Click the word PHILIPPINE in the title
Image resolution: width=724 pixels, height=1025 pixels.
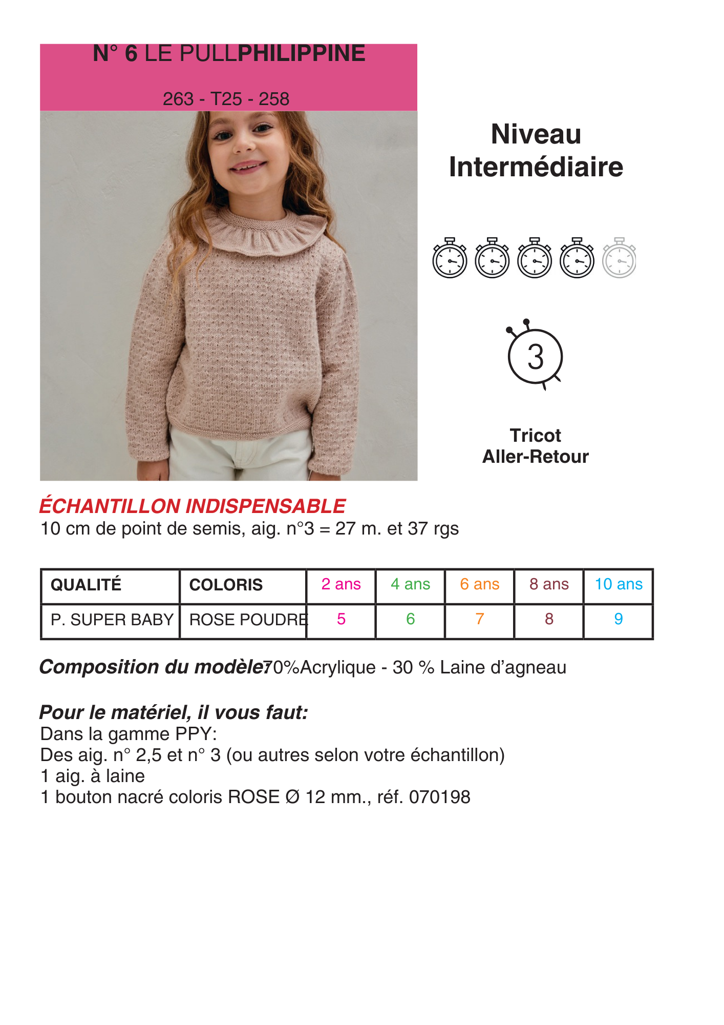pos(302,54)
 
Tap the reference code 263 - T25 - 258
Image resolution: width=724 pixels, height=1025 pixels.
pos(226,99)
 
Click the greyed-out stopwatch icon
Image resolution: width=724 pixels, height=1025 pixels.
pos(619,258)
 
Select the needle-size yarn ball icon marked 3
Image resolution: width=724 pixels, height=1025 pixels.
pos(535,356)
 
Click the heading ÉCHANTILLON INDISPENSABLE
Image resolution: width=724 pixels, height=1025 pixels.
pos(193,506)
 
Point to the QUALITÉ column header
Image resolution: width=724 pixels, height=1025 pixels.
pos(86,585)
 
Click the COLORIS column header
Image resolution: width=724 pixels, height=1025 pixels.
pos(226,585)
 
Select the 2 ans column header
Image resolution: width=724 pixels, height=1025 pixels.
pos(341,584)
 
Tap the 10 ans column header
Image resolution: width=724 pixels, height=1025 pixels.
pos(619,584)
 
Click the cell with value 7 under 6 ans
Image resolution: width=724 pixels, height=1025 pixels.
pos(480,619)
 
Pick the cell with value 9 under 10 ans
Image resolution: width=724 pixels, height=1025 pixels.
pos(619,619)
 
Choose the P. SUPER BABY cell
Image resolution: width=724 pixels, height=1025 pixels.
pos(112,620)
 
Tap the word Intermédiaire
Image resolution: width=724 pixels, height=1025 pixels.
pos(536,167)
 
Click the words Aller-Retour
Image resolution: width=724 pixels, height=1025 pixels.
pos(536,457)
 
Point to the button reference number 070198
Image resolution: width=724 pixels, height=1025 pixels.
pos(439,797)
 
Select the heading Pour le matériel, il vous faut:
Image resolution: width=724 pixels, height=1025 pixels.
pos(174,712)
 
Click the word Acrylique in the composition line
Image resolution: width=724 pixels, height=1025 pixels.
pos(338,668)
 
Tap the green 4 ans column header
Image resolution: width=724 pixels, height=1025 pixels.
pos(410,584)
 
